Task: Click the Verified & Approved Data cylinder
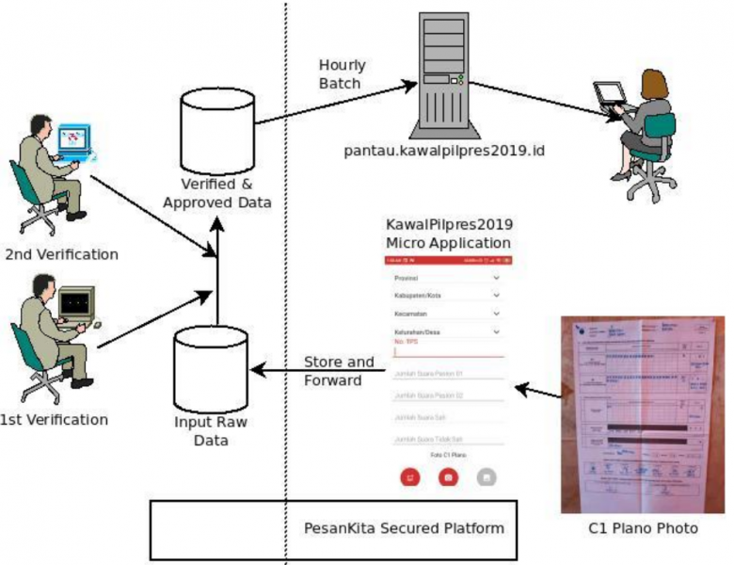click(x=217, y=127)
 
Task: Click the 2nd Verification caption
click(x=62, y=254)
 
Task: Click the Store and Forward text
click(x=339, y=371)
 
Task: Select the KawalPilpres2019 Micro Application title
click(x=449, y=234)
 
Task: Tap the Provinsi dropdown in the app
click(x=443, y=279)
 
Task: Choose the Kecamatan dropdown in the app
click(x=443, y=314)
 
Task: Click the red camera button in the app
click(x=449, y=477)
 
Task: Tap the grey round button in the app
click(x=486, y=477)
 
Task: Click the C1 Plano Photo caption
click(x=643, y=528)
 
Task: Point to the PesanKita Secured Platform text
click(x=404, y=527)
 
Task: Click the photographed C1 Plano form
click(x=643, y=414)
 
